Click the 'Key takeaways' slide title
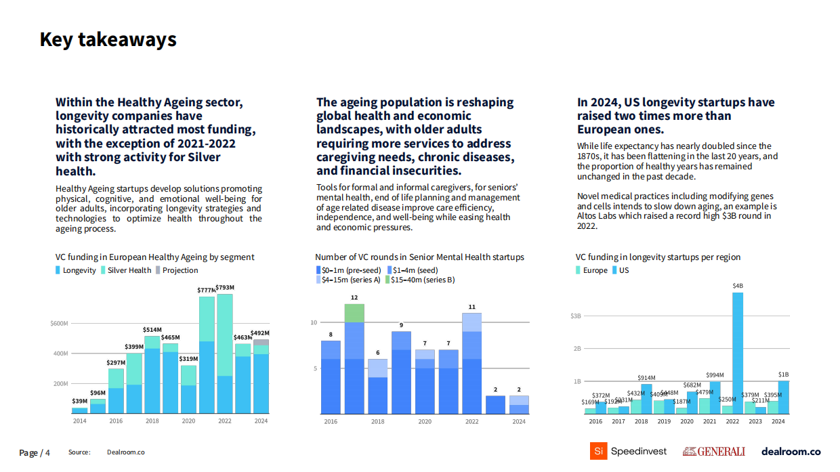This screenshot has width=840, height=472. click(108, 40)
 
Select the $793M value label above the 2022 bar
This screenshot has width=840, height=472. click(225, 288)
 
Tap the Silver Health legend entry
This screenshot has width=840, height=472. click(126, 270)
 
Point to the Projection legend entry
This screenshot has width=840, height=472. click(177, 270)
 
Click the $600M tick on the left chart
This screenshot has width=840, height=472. click(59, 323)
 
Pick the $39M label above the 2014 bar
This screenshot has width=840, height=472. click(79, 401)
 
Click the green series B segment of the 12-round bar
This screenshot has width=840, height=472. click(354, 313)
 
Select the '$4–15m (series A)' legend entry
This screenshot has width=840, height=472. click(348, 280)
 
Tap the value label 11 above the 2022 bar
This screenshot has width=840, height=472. click(471, 307)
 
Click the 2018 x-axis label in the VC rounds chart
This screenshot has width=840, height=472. click(377, 421)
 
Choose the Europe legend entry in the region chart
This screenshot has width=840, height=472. click(592, 270)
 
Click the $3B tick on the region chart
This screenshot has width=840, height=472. click(576, 316)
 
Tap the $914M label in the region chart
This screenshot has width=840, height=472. click(646, 378)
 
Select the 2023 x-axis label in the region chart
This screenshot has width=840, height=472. click(755, 421)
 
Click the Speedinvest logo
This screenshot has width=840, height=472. click(628, 451)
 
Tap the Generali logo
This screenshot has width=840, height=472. click(713, 452)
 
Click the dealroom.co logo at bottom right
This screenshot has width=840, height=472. click(791, 452)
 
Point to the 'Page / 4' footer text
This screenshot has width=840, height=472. click(35, 453)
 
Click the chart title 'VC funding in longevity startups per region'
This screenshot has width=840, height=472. click(658, 257)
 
